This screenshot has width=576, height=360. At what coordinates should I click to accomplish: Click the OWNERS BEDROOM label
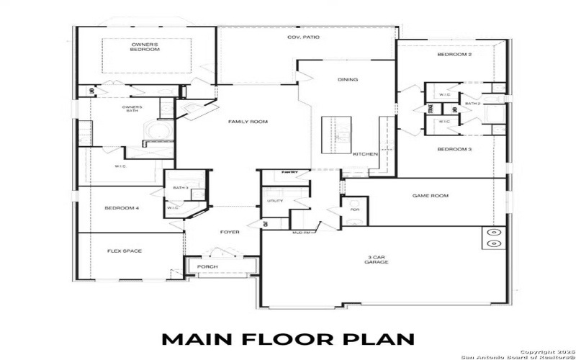(x=145, y=48)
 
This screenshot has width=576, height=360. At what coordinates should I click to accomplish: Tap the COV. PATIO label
(x=303, y=37)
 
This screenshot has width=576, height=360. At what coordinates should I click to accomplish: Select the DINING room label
(x=348, y=79)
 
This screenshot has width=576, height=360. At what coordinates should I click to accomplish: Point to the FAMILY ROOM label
(x=248, y=122)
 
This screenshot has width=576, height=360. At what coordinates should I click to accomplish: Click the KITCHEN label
(x=365, y=154)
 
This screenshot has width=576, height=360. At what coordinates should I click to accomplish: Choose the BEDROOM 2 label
(x=454, y=55)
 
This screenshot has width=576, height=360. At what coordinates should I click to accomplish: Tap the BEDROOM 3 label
(x=454, y=149)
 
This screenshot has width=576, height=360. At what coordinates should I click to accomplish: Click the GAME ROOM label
(x=430, y=195)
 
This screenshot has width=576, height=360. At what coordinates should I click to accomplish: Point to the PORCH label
(x=207, y=267)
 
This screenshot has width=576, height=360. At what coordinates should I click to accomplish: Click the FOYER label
(x=230, y=232)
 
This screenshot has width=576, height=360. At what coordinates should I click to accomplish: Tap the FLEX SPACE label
(x=125, y=251)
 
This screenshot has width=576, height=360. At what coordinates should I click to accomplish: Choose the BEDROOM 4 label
(x=122, y=208)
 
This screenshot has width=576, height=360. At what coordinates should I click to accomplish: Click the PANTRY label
(x=290, y=172)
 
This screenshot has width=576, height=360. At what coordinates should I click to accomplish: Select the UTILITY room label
(x=275, y=201)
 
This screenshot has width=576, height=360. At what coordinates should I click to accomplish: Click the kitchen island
(x=336, y=135)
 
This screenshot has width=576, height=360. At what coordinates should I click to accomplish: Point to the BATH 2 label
(x=472, y=104)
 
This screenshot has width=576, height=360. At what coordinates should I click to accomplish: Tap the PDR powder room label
(x=354, y=210)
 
